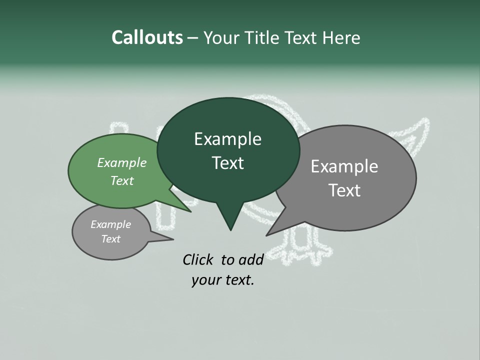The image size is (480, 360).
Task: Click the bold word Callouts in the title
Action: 147,37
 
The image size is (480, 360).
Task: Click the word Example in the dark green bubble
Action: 227,139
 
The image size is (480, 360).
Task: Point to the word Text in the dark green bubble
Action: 227,163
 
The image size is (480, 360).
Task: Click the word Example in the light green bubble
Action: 122,162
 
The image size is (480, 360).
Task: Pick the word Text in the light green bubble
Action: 122,180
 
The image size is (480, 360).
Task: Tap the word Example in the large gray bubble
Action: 344,166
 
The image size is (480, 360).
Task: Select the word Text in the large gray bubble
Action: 344,190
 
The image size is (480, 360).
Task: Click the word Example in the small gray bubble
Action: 111,224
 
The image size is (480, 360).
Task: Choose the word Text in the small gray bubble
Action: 111,239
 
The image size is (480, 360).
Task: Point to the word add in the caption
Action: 250,259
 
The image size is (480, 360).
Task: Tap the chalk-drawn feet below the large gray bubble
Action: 300,250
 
